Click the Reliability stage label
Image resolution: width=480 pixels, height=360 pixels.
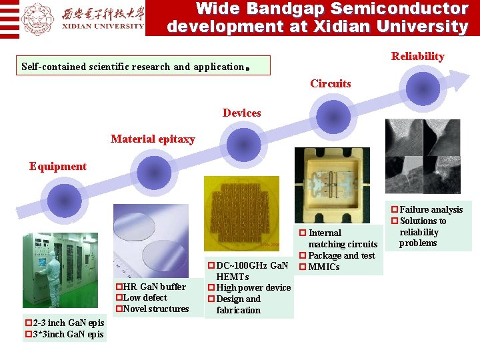click(417, 57)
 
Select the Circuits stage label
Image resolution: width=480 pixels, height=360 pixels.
click(330, 83)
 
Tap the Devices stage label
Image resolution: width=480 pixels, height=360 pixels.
click(241, 113)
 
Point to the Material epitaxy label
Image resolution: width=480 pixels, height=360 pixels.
click(153, 139)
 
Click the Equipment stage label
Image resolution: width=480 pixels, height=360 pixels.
click(58, 166)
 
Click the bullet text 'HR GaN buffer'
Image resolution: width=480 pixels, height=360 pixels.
click(151, 287)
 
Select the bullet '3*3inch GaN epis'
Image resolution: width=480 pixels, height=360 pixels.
click(65, 334)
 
